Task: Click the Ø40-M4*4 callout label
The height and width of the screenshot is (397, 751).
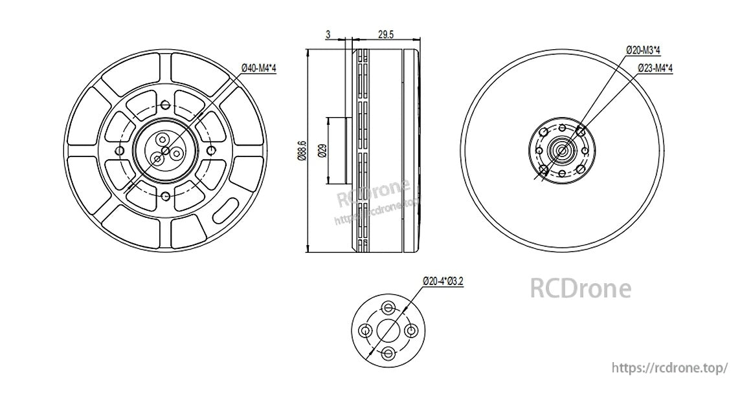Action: pos(258,68)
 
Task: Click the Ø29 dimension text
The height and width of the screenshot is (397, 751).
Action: pos(322,151)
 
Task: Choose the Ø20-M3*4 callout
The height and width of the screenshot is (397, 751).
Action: pos(648,49)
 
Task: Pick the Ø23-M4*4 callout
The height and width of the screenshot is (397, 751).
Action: pos(655,68)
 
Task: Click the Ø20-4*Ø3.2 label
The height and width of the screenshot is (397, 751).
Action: pos(443,281)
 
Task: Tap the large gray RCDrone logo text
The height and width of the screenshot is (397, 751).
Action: pos(580,288)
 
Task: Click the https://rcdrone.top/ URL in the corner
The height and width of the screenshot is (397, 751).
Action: pos(671,367)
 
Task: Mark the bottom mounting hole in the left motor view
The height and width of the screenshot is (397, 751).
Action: pos(166,197)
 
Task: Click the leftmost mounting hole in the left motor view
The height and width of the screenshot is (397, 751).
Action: pos(119,151)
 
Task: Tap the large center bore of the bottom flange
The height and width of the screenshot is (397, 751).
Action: pos(388,330)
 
